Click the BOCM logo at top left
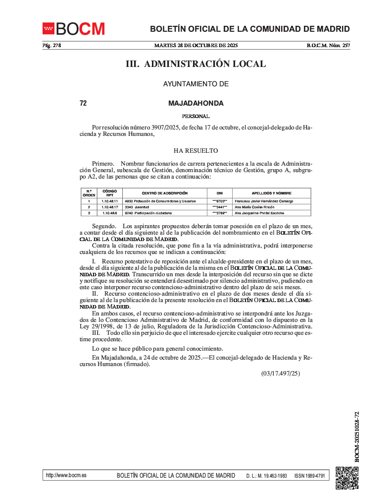point(74,29)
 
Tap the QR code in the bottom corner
point(347,477)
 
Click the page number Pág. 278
point(51,46)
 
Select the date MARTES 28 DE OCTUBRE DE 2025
point(196,46)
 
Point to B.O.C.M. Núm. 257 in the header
point(328,46)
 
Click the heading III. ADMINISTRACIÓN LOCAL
point(196,64)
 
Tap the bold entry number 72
point(83,104)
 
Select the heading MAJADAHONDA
point(196,104)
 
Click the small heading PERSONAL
point(196,117)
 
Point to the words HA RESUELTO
point(196,151)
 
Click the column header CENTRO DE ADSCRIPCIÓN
point(164,193)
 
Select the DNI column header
point(220,193)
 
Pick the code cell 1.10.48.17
point(109,207)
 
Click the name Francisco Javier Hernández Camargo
point(263,201)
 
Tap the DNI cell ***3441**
point(220,207)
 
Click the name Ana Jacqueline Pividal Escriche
point(259,213)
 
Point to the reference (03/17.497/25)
point(281,373)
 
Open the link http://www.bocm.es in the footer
point(66,475)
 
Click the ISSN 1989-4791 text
point(309,476)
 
